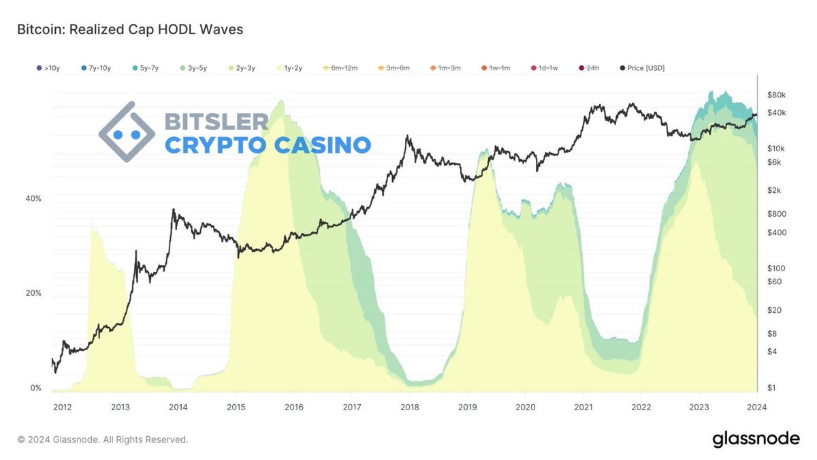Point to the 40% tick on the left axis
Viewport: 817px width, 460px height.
[x=33, y=198]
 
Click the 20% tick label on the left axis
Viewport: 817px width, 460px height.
[x=33, y=293]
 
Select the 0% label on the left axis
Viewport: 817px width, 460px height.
[x=35, y=388]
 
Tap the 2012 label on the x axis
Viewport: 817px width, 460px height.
[x=62, y=407]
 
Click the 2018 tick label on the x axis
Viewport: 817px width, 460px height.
[x=410, y=407]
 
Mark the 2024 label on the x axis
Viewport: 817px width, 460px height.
[x=756, y=407]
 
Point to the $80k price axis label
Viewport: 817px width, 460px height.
[x=776, y=94]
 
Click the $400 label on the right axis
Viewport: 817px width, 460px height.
[x=776, y=232]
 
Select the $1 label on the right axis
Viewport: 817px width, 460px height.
[x=771, y=388]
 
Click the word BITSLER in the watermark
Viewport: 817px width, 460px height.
[x=217, y=122]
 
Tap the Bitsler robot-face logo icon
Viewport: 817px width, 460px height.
[x=127, y=132]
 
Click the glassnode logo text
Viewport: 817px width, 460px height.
[x=756, y=440]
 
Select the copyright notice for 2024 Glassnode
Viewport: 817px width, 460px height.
[x=102, y=440]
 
